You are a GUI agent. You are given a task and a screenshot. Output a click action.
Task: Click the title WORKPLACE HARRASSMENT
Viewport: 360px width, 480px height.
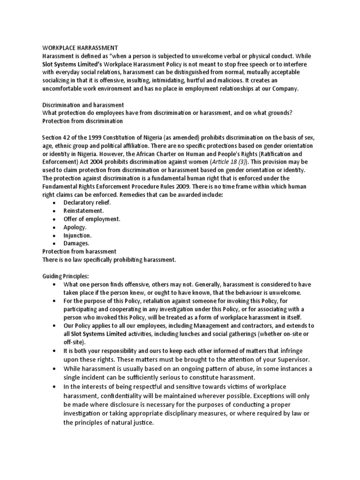[x=80, y=47]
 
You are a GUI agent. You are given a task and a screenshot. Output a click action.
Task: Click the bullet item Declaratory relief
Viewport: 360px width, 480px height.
[x=88, y=202]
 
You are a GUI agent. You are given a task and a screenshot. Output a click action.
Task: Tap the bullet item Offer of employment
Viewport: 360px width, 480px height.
[x=92, y=219]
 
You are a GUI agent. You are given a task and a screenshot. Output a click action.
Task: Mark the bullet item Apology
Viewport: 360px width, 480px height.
[x=75, y=227]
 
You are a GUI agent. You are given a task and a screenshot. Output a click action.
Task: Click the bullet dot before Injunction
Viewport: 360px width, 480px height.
[x=55, y=235]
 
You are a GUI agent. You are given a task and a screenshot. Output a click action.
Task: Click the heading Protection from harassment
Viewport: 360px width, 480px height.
[x=79, y=252]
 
